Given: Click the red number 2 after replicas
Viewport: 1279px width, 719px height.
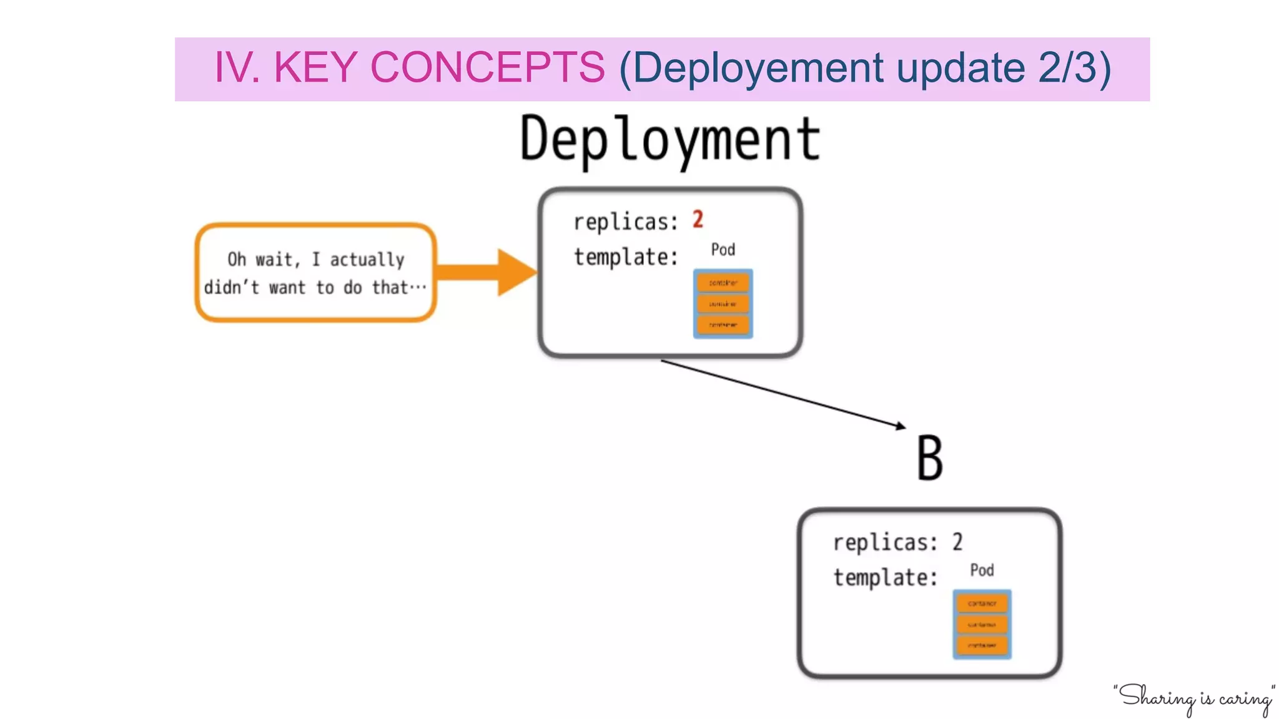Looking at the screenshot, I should pos(698,220).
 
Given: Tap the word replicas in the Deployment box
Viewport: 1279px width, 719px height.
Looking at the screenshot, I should pos(625,222).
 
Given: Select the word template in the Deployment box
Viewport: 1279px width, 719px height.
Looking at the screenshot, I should pos(625,257).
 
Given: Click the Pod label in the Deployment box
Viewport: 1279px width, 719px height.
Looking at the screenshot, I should pos(723,250).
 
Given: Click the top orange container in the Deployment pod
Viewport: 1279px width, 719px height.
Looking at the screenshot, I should pos(723,283).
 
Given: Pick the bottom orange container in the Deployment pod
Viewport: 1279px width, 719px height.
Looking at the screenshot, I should pos(723,325).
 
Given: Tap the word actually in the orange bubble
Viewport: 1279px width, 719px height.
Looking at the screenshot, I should pos(367,259).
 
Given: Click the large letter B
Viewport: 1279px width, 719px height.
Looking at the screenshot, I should pos(929,458).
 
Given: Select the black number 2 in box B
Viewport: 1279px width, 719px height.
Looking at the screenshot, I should pos(957,542).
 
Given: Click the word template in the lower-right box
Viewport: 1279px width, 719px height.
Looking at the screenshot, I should pos(884,577).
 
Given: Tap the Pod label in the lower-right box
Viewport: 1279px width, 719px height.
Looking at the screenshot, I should pos(981,570).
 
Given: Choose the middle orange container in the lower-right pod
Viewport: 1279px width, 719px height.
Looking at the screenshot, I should pos(982,624).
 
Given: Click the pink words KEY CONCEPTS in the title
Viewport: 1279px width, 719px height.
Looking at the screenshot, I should pos(440,67).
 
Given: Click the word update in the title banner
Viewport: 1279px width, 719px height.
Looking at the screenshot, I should pos(960,67).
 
